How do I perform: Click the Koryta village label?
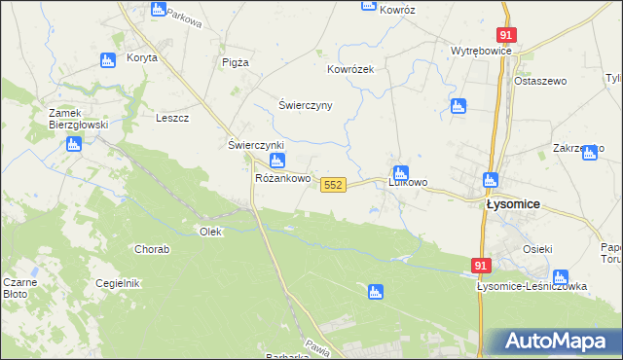(x=142, y=58)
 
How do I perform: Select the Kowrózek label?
(x=349, y=70)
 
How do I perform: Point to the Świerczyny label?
(x=306, y=105)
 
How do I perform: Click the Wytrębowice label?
(x=481, y=51)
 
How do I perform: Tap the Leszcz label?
(x=172, y=118)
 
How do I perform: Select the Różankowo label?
(x=282, y=179)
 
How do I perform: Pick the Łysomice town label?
(x=513, y=205)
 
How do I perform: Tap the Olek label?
(x=210, y=232)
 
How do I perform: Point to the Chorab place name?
(x=152, y=249)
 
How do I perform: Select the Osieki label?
(x=537, y=247)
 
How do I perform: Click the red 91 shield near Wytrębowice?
(x=505, y=33)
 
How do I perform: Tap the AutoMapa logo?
(x=552, y=342)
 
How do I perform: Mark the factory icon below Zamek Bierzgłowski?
(x=74, y=145)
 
